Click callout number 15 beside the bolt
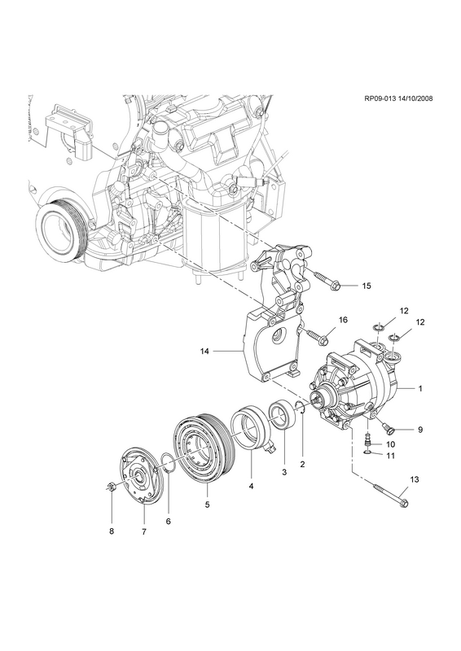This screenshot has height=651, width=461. tap(367, 286)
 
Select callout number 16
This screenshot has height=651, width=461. tap(343, 320)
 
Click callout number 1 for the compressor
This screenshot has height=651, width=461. tap(420, 389)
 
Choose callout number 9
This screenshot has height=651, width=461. tap(420, 430)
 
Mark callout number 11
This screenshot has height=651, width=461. tap(390, 456)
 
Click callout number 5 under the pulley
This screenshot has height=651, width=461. tap(207, 505)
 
